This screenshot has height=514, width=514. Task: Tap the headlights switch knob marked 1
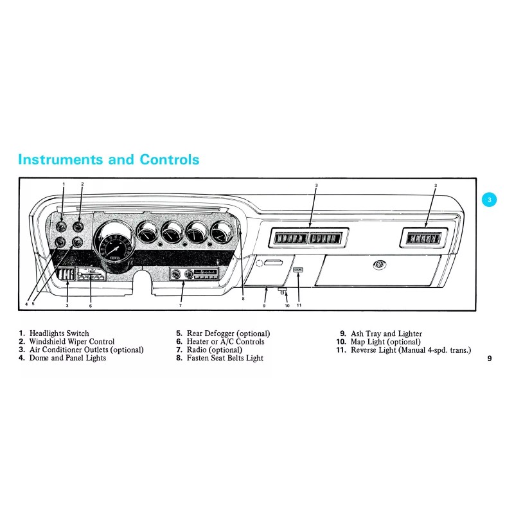point(62,226)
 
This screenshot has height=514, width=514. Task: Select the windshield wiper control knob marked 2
point(78,226)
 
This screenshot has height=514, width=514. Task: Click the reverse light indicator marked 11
point(298,270)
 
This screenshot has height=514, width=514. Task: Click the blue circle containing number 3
point(489,200)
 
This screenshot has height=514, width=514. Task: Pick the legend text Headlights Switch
point(59,333)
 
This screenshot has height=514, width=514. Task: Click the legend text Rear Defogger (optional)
point(228,333)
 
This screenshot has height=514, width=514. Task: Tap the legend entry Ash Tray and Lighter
point(386,333)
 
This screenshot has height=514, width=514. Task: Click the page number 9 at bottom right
point(489,359)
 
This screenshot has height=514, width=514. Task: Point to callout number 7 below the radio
point(181,305)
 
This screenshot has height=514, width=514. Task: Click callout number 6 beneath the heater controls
point(91,305)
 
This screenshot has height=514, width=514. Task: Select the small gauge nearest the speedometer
point(147,232)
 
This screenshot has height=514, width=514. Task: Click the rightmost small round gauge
point(222,232)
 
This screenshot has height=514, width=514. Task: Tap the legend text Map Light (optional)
point(385,342)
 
